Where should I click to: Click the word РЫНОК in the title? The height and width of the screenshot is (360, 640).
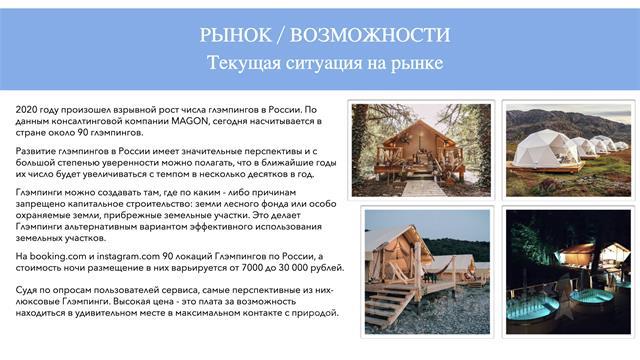[x=235, y=35]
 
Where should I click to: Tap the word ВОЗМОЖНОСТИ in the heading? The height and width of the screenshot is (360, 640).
[x=370, y=35]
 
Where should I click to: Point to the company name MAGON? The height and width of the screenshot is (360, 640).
[x=189, y=121]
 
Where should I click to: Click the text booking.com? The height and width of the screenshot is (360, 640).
[x=58, y=256]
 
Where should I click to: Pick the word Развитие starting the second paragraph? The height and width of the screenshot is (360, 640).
[x=36, y=151]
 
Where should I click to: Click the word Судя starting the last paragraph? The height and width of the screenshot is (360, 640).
[x=27, y=290]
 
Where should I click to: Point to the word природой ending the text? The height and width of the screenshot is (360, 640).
[x=318, y=313]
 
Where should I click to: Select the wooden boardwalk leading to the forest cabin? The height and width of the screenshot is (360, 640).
[x=423, y=188]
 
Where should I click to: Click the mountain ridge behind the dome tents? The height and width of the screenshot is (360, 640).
[x=568, y=122]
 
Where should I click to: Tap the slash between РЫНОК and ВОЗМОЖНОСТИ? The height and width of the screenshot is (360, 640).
[x=280, y=35]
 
